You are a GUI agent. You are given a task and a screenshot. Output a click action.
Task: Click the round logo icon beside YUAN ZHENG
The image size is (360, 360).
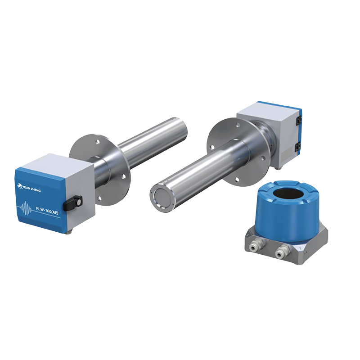(19, 185)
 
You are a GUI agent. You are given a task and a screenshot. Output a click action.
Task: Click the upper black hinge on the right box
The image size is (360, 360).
(298, 120)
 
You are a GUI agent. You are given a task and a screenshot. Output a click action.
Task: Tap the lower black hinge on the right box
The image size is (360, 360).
(297, 148)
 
